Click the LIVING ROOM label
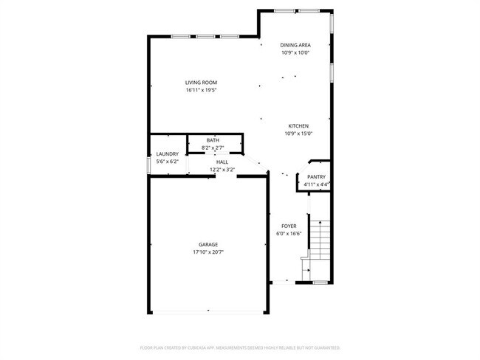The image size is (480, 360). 201,82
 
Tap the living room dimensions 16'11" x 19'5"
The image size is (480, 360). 201,90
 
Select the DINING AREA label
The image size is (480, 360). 295,45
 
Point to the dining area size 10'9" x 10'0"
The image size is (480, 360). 295,53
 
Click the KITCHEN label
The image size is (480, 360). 298,125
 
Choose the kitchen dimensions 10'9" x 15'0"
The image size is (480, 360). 298,134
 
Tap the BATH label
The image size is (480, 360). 213,140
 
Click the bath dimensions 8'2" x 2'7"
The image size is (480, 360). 213,148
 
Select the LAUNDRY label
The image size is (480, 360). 166,154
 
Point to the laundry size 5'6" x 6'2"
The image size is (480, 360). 166,162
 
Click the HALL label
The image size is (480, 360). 222,162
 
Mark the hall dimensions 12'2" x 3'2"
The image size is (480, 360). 222,169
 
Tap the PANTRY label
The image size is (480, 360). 316,177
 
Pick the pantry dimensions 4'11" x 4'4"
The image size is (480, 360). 316,184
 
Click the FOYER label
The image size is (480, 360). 289,226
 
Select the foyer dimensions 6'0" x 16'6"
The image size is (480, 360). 289,234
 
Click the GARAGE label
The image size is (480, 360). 208,244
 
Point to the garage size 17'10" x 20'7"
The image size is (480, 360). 208,252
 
